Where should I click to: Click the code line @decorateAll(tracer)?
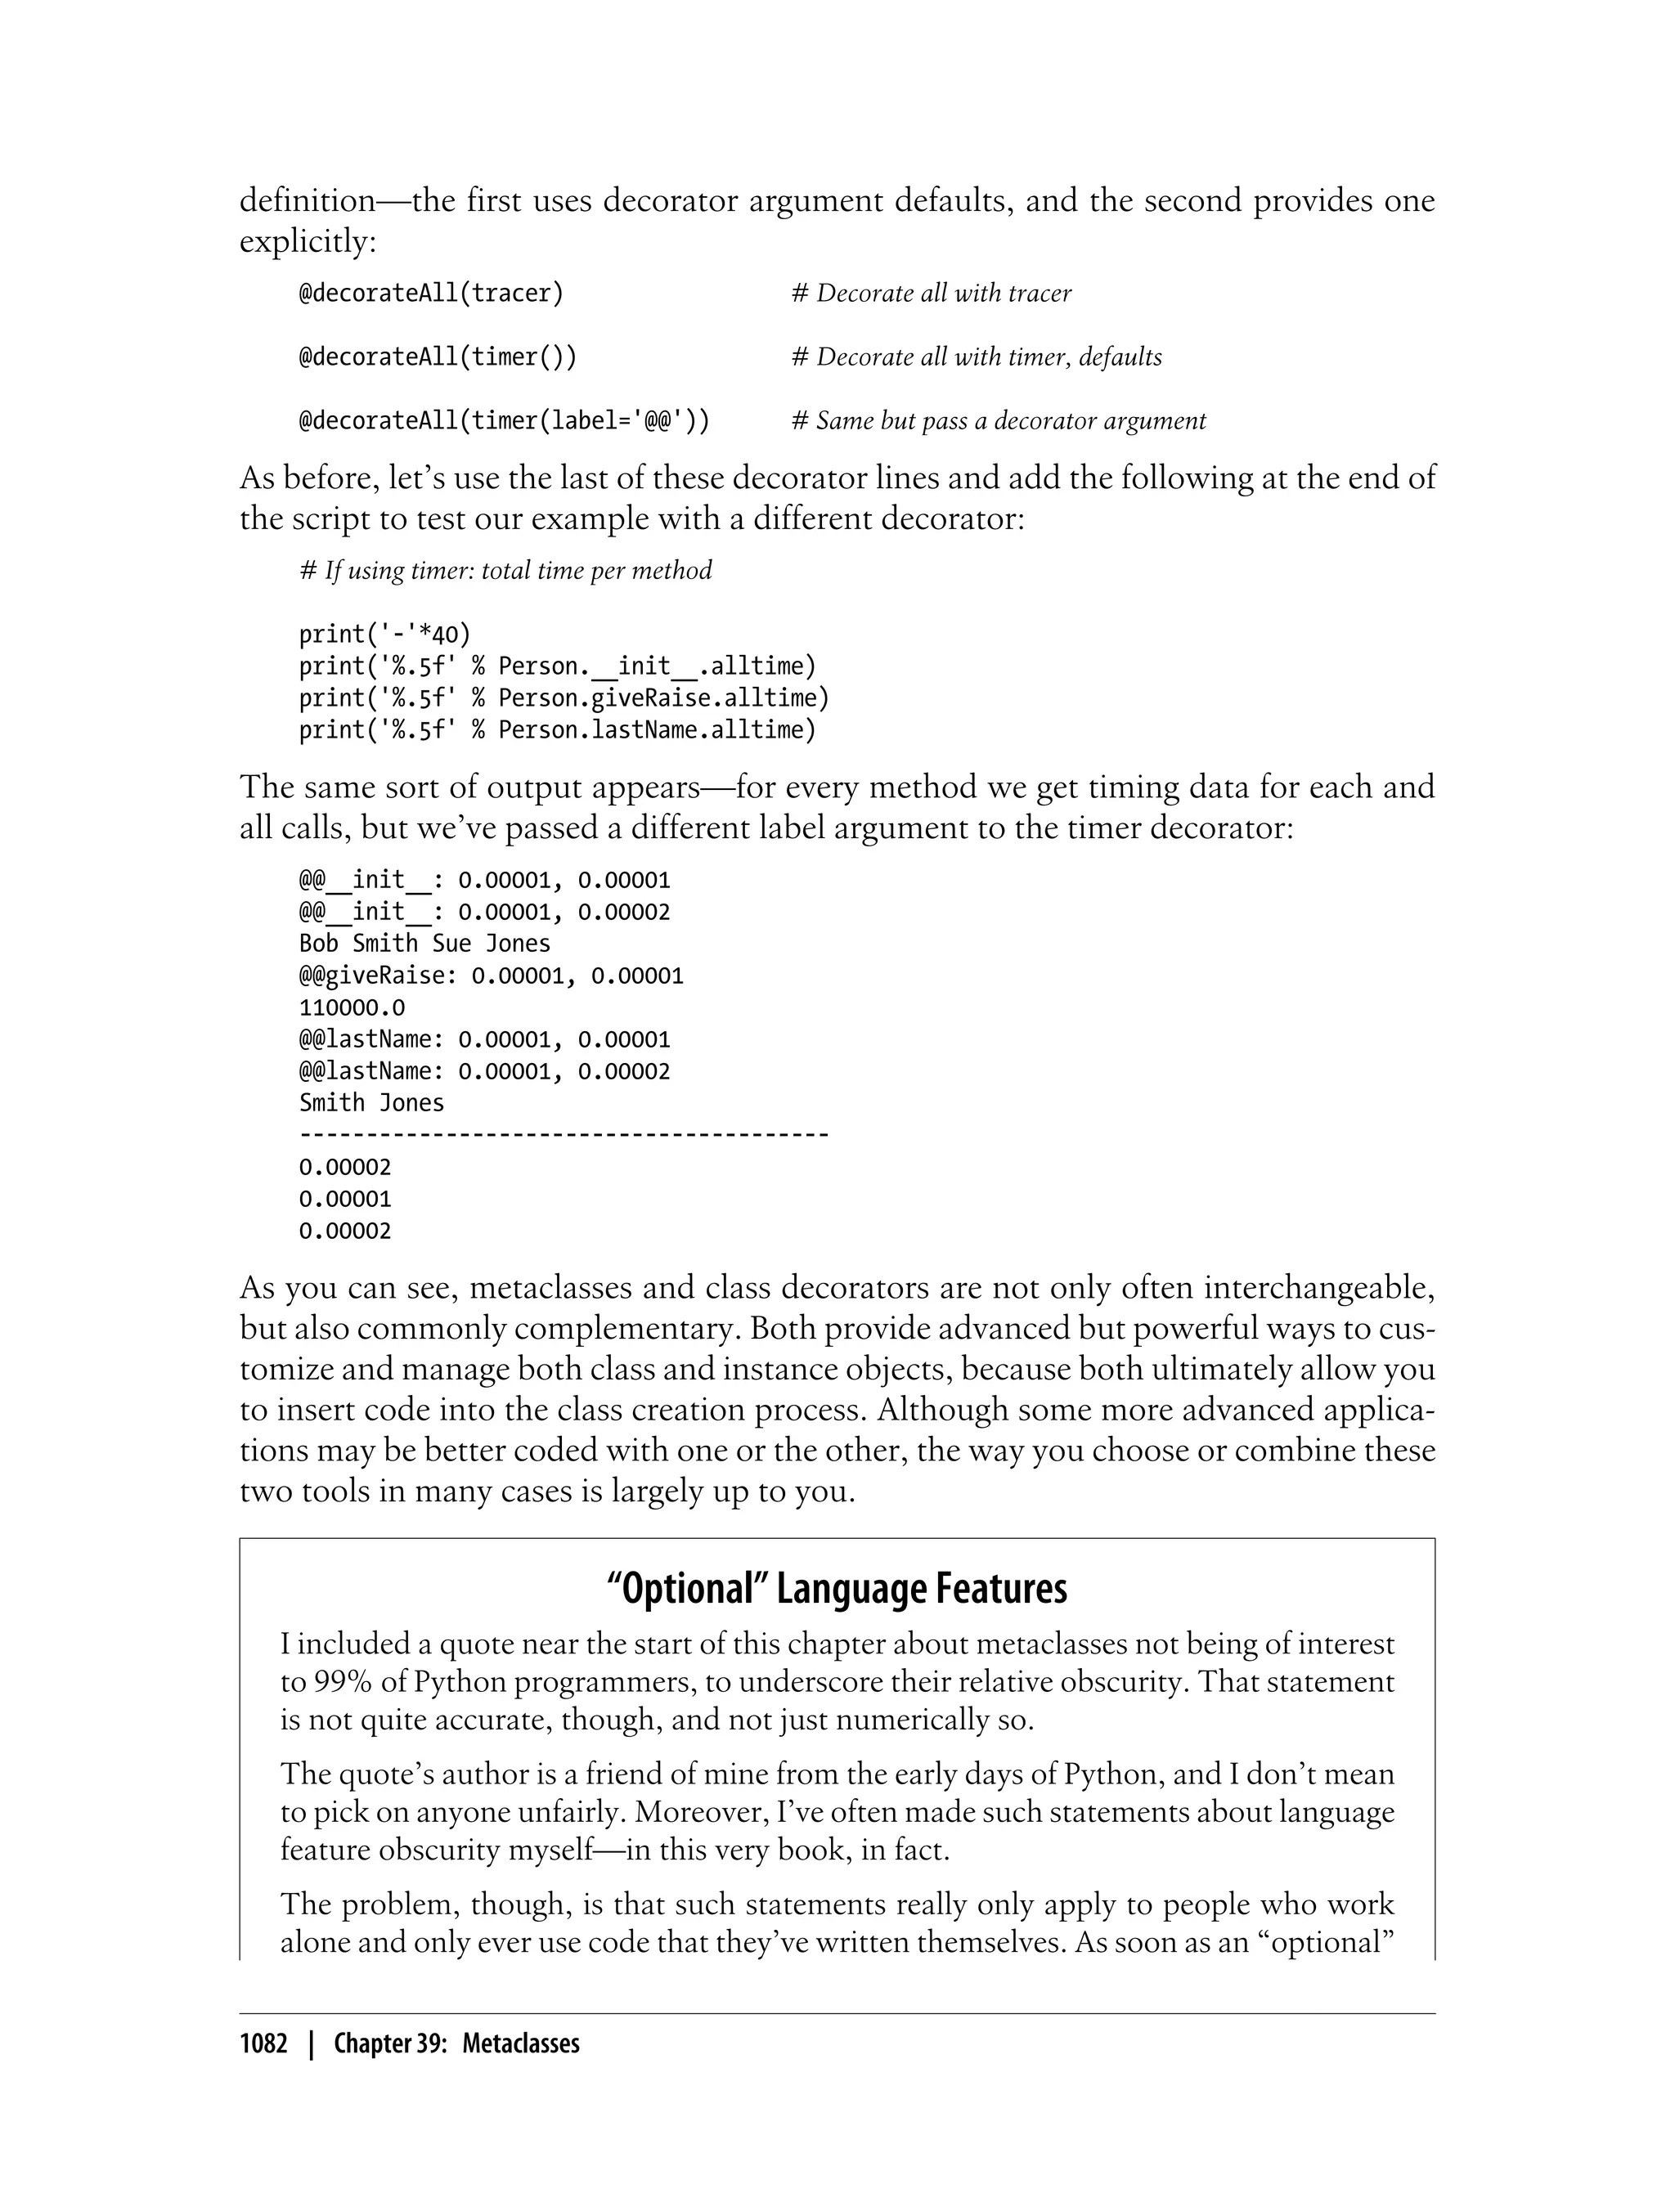431,293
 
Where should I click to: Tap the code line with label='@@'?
504,420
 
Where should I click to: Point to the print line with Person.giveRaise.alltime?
564,698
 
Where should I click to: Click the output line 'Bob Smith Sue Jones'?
424,943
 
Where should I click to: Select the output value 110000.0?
351,1007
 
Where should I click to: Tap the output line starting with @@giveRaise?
491,975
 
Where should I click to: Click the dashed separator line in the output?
564,1134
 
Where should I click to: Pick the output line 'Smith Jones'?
370,1102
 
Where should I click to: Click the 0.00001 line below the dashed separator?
345,1198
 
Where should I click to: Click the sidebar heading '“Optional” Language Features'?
837,1587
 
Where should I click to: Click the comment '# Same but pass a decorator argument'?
998,420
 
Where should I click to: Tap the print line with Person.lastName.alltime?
557,729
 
